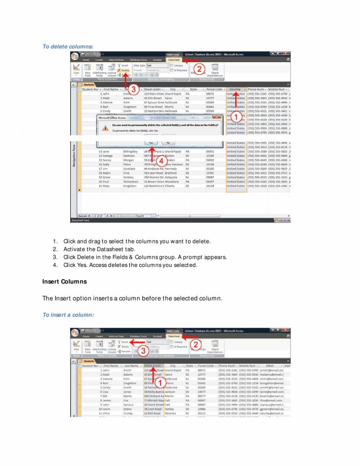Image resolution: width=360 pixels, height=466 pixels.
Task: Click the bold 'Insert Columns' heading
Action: pos(64,281)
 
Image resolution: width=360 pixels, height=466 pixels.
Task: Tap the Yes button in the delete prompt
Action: pos(151,142)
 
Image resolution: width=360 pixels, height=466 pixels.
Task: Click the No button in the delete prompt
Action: pos(168,142)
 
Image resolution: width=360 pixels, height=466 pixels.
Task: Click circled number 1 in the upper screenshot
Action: pos(239,115)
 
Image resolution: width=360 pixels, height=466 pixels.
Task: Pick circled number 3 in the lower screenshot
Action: pos(142,350)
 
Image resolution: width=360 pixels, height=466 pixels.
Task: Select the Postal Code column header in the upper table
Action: pos(215,89)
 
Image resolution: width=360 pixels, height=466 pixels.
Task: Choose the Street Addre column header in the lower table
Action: pos(153,365)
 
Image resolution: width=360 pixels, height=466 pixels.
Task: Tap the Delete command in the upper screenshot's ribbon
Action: pos(124,70)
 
